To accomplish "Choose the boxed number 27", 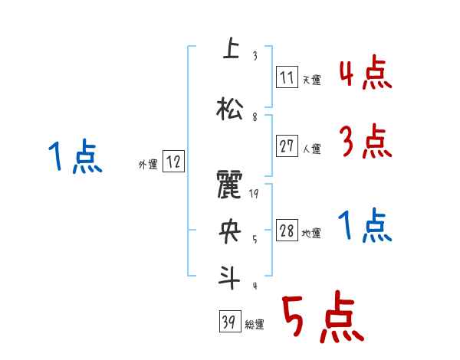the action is click(x=287, y=146).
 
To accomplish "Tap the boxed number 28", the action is click(x=287, y=231).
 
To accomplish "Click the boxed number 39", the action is click(x=228, y=322).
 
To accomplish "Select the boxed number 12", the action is click(x=173, y=162).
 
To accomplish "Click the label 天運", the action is click(x=311, y=79).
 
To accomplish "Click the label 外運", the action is click(x=147, y=164).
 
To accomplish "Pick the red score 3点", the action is click(x=365, y=141).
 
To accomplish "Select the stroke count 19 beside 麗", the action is click(x=255, y=193).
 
